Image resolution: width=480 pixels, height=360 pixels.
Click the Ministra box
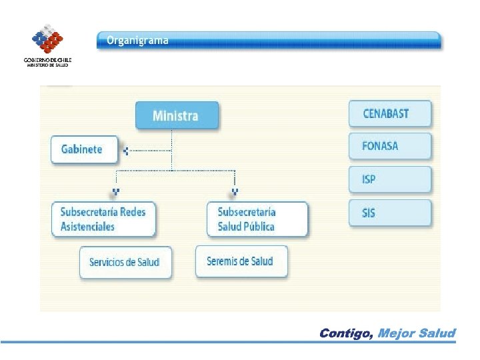point(175,115)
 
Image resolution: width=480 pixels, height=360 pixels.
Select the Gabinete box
point(85,149)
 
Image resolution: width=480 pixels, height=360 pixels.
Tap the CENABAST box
point(390,113)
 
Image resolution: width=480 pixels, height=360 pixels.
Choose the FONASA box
point(390,145)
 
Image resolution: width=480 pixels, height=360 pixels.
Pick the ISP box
point(390,179)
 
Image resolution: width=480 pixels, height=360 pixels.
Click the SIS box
point(390,213)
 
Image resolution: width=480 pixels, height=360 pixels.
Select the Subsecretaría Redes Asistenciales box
point(103,219)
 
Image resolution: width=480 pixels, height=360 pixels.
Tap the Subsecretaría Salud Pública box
point(257,219)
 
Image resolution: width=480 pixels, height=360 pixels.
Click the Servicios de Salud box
point(125,262)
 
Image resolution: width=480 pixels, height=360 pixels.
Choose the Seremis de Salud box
point(242,261)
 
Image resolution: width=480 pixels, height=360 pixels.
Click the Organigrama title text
point(138,40)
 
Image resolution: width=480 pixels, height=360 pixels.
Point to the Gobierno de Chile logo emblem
point(47,39)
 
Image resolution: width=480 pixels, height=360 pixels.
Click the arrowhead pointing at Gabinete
point(125,151)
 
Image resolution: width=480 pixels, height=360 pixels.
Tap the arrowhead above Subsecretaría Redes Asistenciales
point(116,193)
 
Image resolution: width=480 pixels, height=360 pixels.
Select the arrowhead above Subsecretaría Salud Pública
point(235,193)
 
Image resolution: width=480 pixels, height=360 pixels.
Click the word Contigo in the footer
point(346,333)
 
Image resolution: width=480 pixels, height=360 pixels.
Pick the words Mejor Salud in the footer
point(417,333)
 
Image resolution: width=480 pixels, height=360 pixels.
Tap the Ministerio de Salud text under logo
point(47,65)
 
